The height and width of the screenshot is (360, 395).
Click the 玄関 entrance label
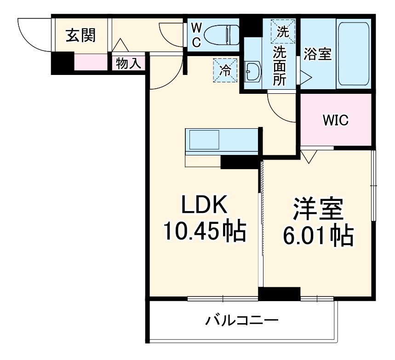(x=80, y=36)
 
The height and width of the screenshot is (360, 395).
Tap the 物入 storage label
(x=128, y=63)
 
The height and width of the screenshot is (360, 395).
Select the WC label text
(x=195, y=34)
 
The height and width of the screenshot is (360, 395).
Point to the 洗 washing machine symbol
(x=281, y=31)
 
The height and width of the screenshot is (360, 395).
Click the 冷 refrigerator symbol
(x=225, y=70)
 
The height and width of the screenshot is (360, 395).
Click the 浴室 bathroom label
(x=317, y=54)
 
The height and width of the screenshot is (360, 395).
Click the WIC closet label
(x=335, y=120)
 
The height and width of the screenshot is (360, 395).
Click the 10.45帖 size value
(x=205, y=232)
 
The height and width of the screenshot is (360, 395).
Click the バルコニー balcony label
(x=241, y=320)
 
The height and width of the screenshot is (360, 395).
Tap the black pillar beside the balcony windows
(x=279, y=294)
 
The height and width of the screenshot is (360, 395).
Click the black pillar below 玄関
(x=62, y=63)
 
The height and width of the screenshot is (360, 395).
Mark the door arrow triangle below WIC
(x=307, y=156)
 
